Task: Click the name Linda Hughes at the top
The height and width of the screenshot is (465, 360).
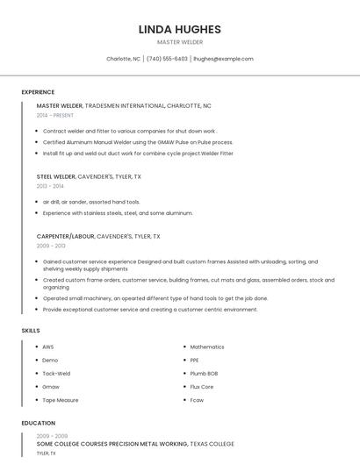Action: click(x=179, y=29)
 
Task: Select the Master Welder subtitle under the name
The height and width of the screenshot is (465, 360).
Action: click(x=179, y=42)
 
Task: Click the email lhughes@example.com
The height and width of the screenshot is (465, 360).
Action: click(x=223, y=59)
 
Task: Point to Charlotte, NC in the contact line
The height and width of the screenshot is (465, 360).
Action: click(x=123, y=59)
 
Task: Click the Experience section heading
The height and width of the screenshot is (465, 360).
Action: click(x=38, y=92)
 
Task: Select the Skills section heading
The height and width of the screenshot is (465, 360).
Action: click(x=30, y=330)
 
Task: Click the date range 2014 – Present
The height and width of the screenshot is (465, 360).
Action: click(x=55, y=115)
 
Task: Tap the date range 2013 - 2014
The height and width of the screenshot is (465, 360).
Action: click(x=50, y=186)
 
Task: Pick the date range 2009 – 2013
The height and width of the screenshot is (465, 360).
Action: click(x=51, y=246)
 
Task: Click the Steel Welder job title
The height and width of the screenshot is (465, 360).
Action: click(x=56, y=176)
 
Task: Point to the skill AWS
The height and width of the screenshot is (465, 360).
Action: click(x=48, y=347)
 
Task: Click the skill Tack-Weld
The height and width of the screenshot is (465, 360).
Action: click(x=56, y=373)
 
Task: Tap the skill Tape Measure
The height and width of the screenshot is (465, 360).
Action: click(x=60, y=399)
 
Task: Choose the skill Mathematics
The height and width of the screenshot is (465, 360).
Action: click(x=207, y=347)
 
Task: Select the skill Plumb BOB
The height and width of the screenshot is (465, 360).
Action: click(x=205, y=373)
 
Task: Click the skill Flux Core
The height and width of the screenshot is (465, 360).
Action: click(x=202, y=386)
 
